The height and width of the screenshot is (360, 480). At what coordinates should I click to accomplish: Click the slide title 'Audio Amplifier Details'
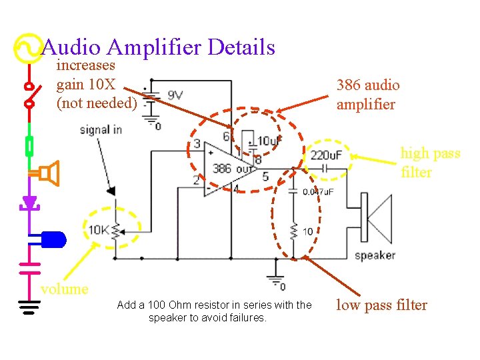pos(158,47)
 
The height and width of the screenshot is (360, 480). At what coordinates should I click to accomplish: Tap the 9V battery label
pos(176,95)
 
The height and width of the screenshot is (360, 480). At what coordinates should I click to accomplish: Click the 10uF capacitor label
pos(269,141)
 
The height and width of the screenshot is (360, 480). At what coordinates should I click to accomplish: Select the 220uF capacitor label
pos(325,156)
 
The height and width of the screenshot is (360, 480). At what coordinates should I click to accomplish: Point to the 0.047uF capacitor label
pos(319,192)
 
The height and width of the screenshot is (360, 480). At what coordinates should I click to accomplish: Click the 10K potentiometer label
pos(98,231)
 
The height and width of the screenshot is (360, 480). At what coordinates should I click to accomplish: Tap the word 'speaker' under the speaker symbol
pos(375,255)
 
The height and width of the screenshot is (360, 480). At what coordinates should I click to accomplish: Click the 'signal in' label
pos(101,129)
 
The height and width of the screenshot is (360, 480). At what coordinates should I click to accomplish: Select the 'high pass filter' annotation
pos(430,163)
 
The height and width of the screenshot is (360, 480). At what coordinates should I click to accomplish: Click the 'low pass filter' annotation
pos(381,305)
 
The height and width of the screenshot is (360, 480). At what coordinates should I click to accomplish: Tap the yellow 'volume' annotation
pos(64,289)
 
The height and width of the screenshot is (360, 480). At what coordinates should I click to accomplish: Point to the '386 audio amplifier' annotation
pos(368,95)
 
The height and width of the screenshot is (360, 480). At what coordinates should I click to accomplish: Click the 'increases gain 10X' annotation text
pos(97,84)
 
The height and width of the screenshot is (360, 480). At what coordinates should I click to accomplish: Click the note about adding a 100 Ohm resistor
pos(214,311)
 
